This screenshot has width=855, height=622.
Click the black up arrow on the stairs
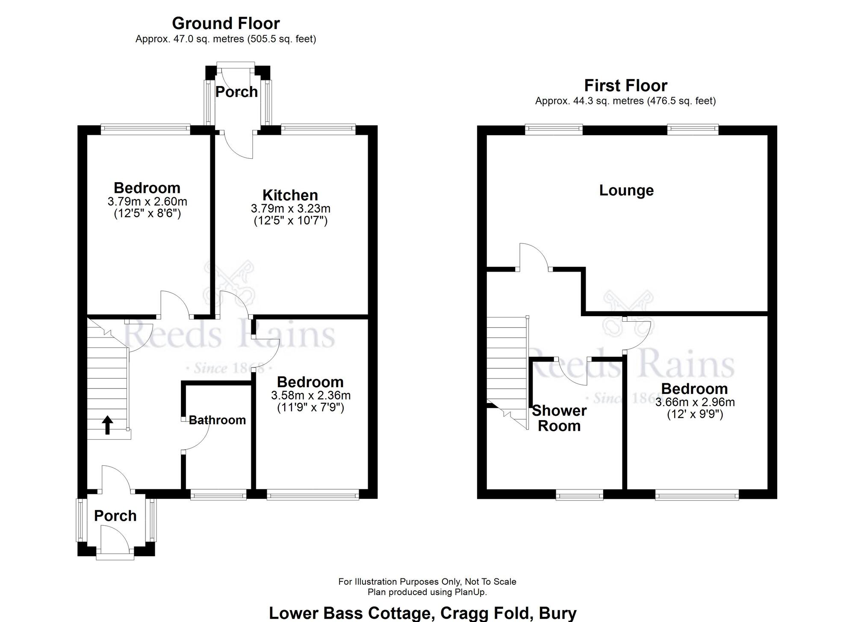[107, 425]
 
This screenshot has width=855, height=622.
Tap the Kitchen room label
[290, 195]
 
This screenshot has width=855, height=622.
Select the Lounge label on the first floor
[626, 190]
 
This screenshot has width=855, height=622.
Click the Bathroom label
[217, 420]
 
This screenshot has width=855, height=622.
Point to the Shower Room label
[559, 418]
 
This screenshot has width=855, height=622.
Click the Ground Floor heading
[226, 23]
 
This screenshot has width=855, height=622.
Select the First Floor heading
[625, 86]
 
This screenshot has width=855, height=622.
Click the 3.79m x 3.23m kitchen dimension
[290, 209]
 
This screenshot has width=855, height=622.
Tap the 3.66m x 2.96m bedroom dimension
[695, 402]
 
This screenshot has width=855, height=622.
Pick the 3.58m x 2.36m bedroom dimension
[310, 396]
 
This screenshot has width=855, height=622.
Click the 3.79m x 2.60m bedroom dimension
[147, 201]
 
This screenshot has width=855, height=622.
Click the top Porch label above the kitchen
[236, 92]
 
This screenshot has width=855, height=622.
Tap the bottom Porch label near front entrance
[115, 516]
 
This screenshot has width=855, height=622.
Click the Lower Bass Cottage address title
[422, 613]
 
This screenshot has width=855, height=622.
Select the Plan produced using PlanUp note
[427, 592]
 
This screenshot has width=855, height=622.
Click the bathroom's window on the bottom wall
[218, 495]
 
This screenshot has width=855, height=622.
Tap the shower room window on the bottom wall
[579, 496]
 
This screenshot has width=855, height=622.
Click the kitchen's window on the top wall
[318, 127]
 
